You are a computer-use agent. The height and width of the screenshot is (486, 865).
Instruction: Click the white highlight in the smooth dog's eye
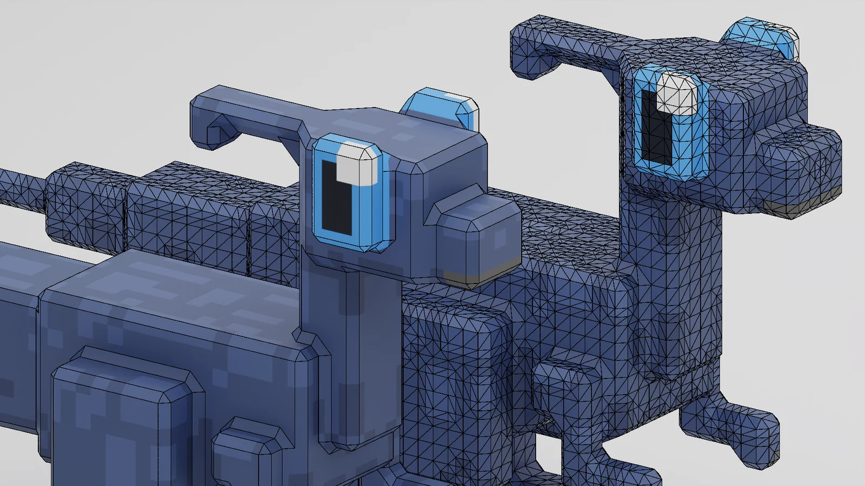(355, 164)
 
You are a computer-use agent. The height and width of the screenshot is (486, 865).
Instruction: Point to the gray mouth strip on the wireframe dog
(806, 207)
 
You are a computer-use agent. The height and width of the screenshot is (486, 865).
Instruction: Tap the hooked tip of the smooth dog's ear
(214, 132)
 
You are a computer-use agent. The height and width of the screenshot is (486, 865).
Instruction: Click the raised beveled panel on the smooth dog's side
(124, 421)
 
